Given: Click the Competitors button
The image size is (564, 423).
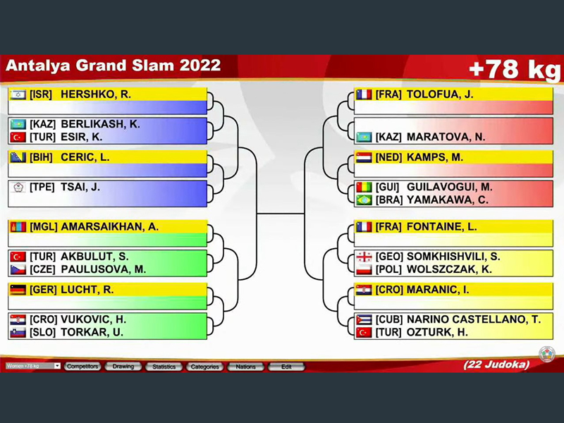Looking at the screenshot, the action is (x=82, y=367).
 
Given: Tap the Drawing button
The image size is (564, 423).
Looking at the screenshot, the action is (x=123, y=367).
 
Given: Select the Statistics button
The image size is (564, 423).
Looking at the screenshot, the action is (x=164, y=367).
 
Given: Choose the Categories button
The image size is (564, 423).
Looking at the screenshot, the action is (x=204, y=367).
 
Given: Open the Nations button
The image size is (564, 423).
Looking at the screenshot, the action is (x=245, y=367).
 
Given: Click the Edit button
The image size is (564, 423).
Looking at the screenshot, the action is (x=286, y=367).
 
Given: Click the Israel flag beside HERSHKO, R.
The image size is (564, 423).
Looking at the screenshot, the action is (x=18, y=94).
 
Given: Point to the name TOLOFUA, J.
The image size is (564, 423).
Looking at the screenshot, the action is (x=440, y=94).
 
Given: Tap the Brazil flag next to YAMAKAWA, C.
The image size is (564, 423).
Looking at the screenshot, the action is (x=364, y=200).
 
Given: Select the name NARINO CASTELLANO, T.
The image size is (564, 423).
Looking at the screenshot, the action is (x=474, y=319).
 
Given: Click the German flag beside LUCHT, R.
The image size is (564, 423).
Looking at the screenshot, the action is (x=18, y=290).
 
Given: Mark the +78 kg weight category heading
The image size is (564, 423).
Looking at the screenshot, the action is (x=515, y=69).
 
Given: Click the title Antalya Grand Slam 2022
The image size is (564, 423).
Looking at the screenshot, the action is (x=114, y=66).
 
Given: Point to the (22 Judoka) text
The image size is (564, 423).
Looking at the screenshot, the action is (x=496, y=364).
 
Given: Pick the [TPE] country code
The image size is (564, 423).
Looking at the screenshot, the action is (x=42, y=187).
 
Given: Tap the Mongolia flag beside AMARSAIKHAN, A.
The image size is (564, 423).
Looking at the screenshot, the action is (x=18, y=227).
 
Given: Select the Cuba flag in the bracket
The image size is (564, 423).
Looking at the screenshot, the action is (x=364, y=319).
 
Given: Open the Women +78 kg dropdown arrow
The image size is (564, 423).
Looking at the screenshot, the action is (x=57, y=366).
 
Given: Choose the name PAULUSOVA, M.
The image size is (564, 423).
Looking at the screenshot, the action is (x=103, y=269).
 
